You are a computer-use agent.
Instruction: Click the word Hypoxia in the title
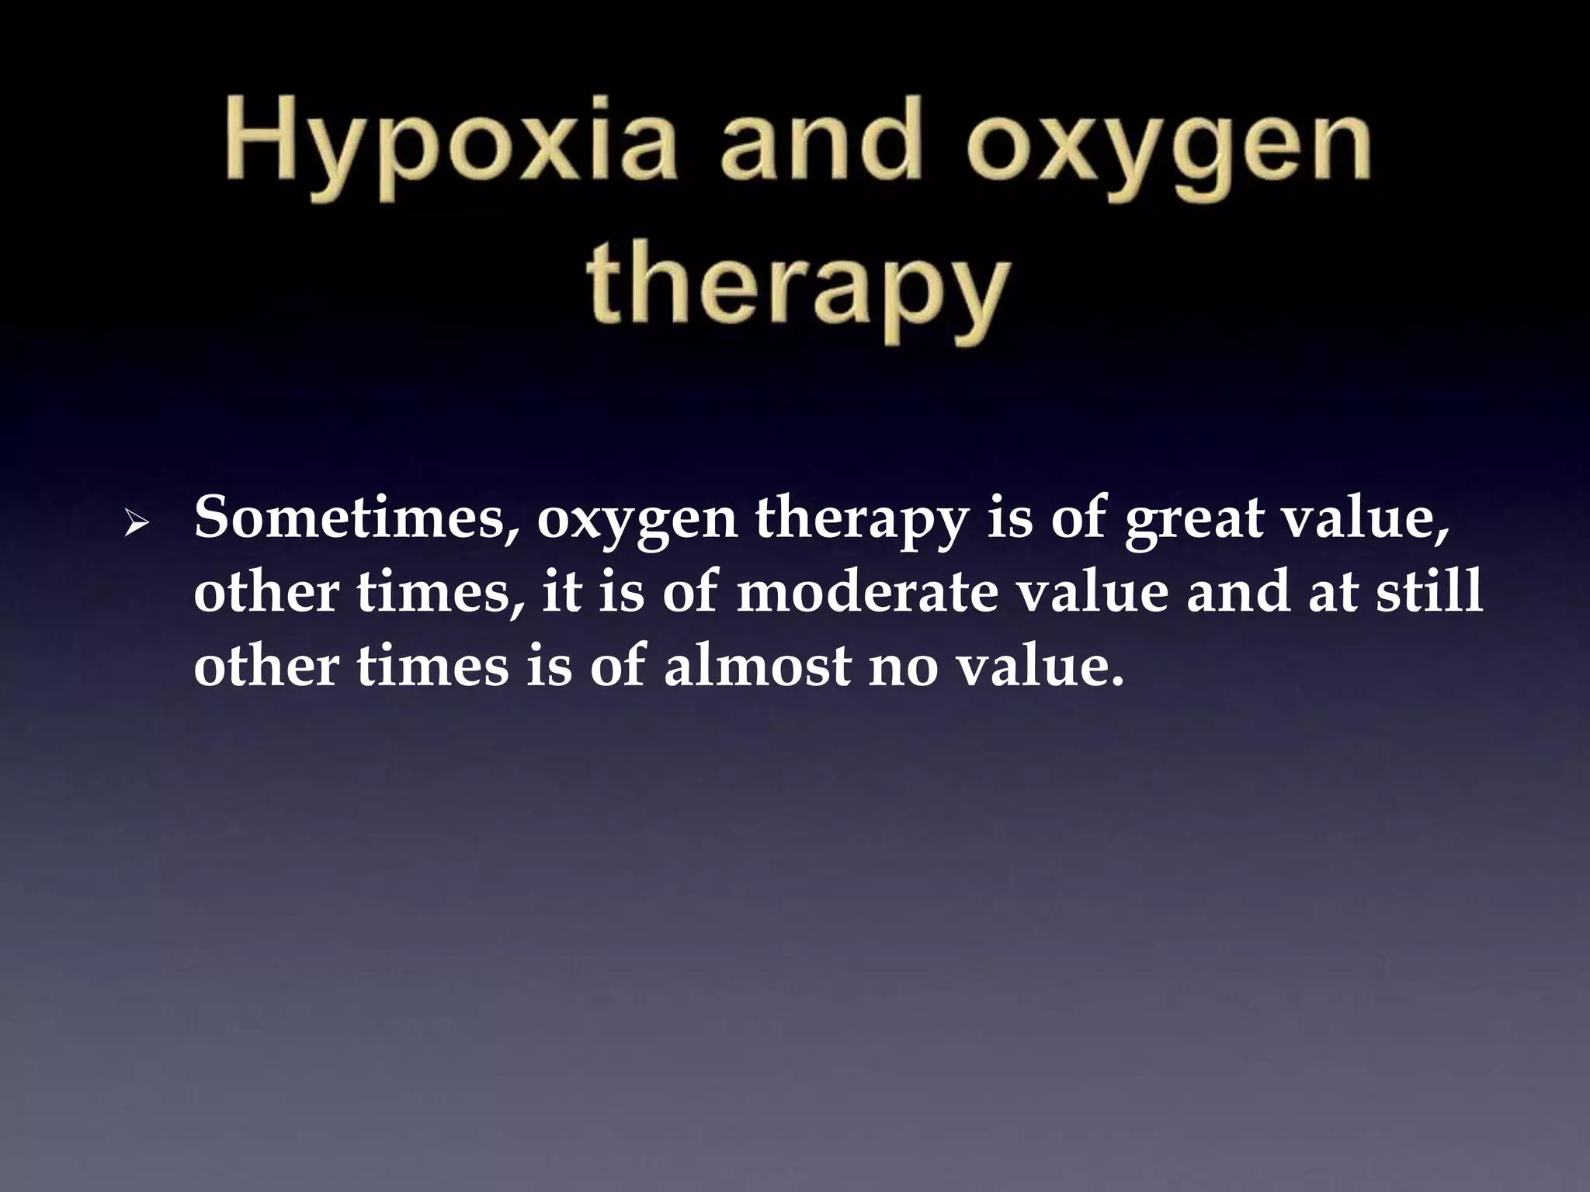tap(448, 147)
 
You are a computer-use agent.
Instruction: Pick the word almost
tap(757, 667)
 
